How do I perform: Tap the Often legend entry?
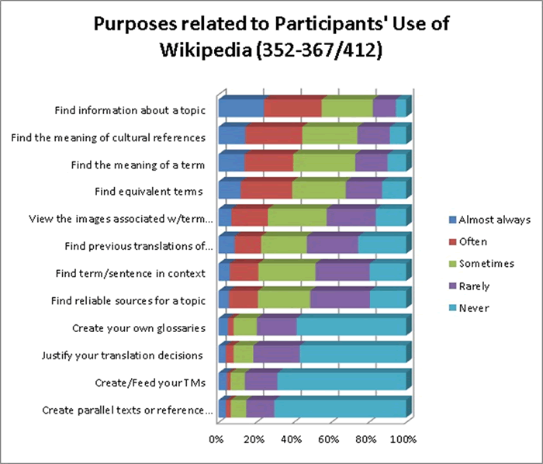coord(473,241)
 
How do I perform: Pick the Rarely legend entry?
coord(475,286)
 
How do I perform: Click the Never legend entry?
coord(473,308)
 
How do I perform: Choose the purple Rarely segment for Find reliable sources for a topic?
coord(340,300)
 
